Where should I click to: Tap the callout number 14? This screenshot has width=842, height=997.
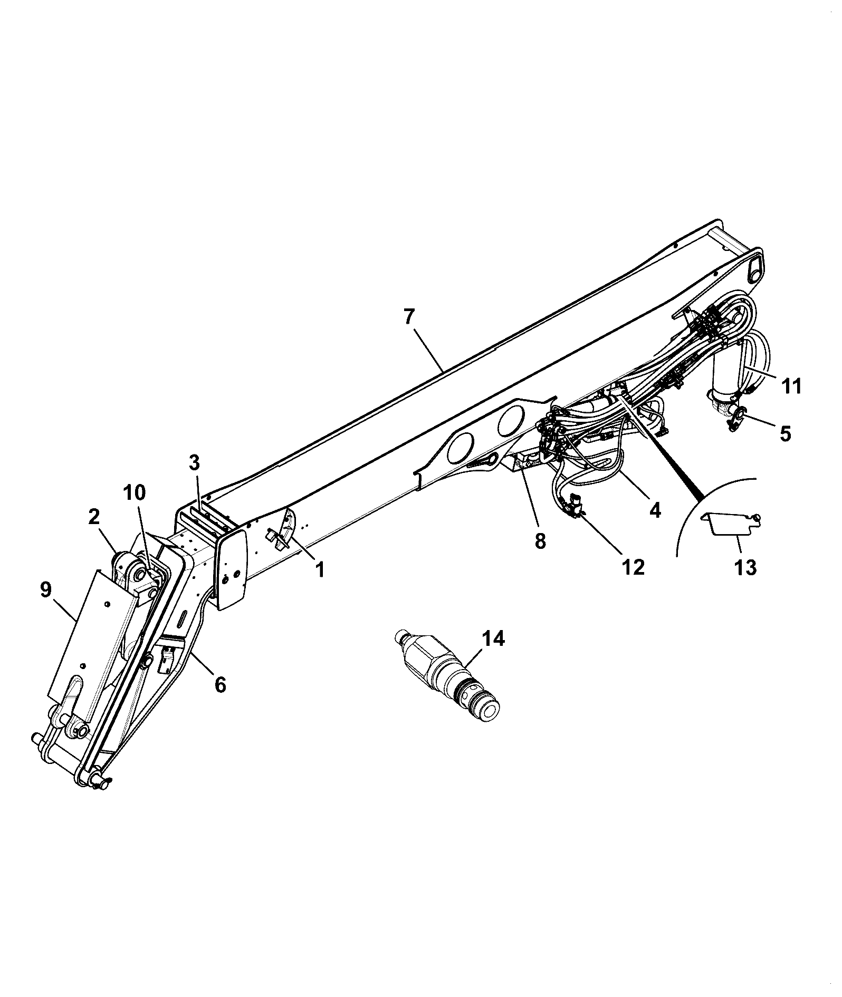493,639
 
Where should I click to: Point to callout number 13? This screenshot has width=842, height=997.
745,567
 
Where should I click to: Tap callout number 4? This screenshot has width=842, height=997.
655,510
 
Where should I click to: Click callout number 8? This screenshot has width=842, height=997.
540,541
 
